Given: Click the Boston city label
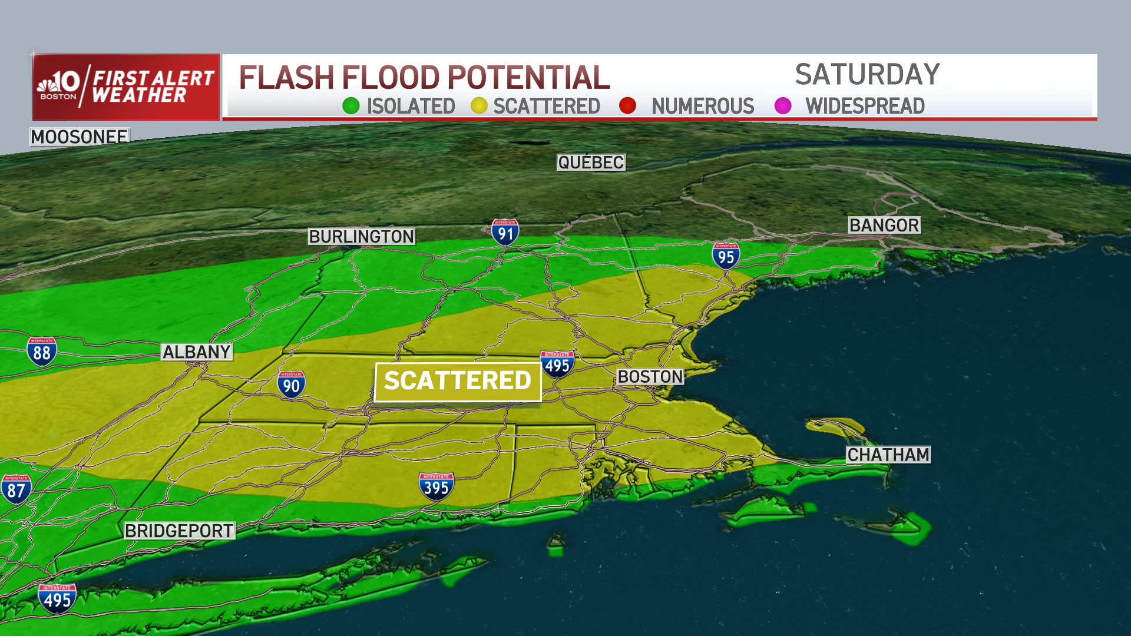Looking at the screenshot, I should point(650,377).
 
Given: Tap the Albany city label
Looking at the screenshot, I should point(197,352).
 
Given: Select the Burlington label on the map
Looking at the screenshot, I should point(362,237).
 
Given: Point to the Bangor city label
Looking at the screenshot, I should point(884,226).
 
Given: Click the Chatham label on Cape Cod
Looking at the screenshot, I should point(888,455).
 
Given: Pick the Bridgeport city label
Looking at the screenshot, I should point(179,531).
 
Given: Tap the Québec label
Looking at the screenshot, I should point(591,163).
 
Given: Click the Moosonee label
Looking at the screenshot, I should point(80,137).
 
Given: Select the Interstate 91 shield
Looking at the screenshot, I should point(505,233).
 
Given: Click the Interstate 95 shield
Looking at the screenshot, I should point(726,256).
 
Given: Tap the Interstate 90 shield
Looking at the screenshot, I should point(291,385).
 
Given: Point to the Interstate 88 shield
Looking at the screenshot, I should point(42,352).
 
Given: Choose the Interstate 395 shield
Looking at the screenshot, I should point(436,486).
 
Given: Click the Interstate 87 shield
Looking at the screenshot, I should point(16,489).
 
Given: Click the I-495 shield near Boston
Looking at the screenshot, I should point(557,365).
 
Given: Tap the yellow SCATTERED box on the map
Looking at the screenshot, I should point(458,381).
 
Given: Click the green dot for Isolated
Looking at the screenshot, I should point(351,106).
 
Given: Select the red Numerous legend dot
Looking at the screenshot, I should point(628,106).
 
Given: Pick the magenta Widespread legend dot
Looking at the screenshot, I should point(783,106).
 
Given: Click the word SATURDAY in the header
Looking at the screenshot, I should point(867,75).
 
